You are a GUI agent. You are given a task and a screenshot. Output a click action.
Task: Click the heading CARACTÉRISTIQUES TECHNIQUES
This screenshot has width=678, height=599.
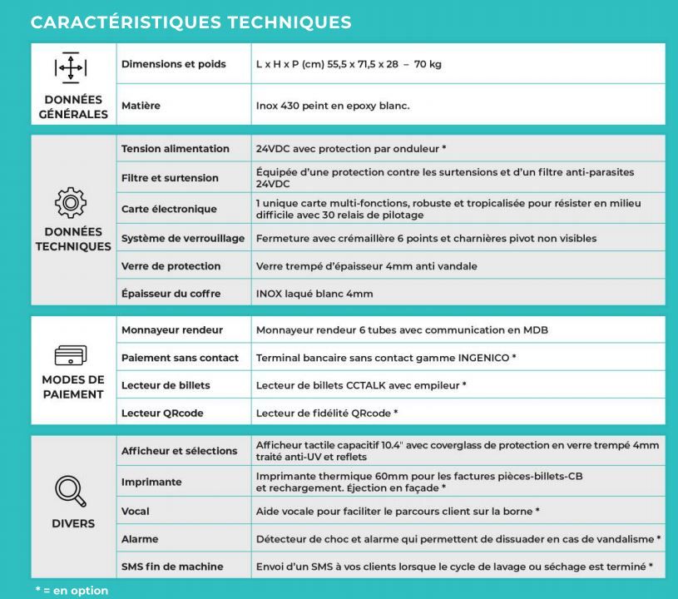tap(191, 22)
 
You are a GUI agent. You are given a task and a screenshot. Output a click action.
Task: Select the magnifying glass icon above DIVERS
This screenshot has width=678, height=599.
tap(71, 490)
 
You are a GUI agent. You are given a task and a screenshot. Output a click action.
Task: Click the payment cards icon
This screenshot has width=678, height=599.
tap(71, 356)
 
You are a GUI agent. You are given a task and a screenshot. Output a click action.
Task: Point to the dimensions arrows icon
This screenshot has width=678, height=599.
tap(71, 67)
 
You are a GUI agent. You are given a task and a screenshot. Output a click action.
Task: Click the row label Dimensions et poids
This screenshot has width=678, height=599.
tap(173, 64)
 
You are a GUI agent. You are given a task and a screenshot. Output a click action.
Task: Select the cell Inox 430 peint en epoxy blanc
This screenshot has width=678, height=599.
tap(333, 106)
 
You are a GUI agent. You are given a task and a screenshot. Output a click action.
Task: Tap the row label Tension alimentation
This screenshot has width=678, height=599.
tap(176, 149)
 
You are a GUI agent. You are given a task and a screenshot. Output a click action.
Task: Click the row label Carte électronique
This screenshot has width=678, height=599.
tap(169, 209)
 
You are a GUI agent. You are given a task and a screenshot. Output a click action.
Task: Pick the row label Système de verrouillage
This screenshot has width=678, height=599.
tap(183, 238)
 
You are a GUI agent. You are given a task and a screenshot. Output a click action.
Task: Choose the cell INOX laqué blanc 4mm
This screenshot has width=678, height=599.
tap(314, 294)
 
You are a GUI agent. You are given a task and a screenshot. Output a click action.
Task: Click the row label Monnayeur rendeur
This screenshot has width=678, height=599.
tap(172, 330)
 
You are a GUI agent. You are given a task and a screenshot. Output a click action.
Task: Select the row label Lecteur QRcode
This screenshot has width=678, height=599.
tap(162, 413)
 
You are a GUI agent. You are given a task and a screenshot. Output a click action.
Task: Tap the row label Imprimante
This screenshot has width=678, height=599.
tap(151, 482)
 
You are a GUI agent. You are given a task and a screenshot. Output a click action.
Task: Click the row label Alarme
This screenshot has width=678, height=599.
tap(140, 538)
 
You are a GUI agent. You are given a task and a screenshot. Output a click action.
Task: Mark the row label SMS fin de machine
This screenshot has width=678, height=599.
tap(172, 567)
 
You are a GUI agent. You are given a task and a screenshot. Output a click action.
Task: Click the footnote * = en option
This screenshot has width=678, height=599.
tap(72, 591)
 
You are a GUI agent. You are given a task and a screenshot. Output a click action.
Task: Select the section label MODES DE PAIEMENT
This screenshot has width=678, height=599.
tap(73, 387)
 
